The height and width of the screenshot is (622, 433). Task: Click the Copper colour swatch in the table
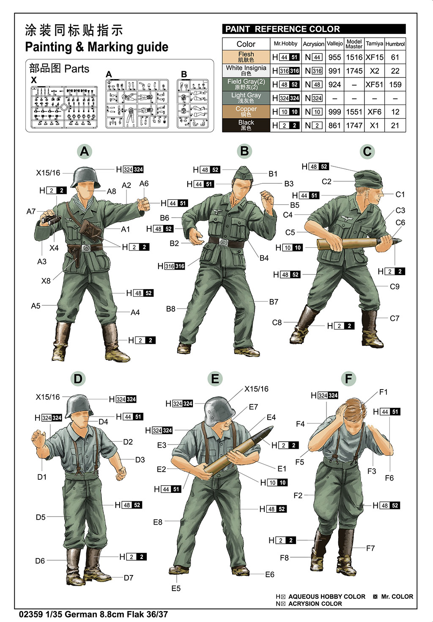point(246,112)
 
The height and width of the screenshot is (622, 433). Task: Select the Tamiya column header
point(374,44)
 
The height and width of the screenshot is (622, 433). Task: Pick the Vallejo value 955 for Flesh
point(334,57)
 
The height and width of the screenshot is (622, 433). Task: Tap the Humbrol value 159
point(395,85)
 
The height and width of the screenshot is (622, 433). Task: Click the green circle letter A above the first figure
point(85,152)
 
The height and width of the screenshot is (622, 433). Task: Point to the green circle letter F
point(348,379)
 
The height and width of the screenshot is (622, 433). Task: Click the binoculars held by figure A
point(50,219)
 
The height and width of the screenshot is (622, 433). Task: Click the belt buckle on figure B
point(224,243)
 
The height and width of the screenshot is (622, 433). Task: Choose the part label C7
point(394,318)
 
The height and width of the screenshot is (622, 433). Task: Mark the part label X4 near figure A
point(54,248)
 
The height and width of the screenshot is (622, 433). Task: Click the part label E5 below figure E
point(176,589)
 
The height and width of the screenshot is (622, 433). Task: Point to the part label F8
point(284,558)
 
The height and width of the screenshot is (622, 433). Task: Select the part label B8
point(170,309)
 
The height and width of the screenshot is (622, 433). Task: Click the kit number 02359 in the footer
point(30,614)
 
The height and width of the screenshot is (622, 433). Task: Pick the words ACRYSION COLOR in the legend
point(315,604)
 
